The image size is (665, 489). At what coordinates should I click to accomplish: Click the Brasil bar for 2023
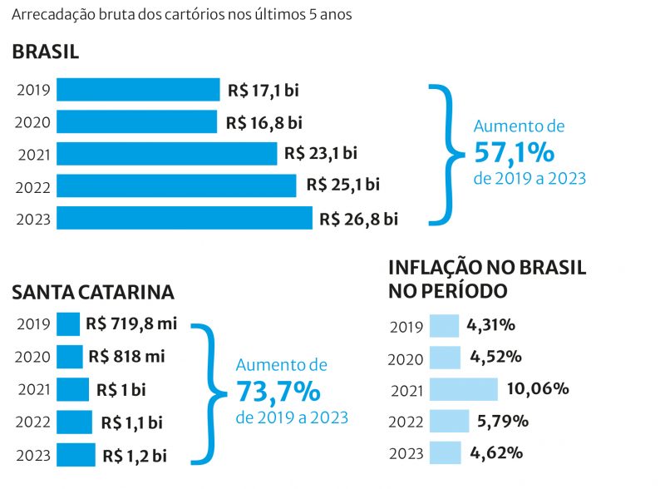point(185,219)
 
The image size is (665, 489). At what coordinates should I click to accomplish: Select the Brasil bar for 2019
point(138,90)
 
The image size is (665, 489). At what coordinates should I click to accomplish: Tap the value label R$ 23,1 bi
point(320,153)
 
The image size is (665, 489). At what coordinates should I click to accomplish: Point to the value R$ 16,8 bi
point(264,122)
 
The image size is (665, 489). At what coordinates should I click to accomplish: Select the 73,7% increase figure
point(278,390)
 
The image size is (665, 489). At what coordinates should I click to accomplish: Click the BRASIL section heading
point(46,52)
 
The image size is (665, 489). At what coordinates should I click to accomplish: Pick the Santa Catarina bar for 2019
point(68,324)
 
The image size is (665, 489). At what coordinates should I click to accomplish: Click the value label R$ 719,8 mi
point(131,324)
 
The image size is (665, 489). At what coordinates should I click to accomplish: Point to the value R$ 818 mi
point(126,357)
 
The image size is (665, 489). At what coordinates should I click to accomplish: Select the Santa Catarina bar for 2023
point(76,455)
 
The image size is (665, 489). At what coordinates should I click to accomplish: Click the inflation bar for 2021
point(463,389)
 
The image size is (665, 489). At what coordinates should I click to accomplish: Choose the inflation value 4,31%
point(494,325)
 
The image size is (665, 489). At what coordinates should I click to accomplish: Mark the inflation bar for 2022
point(449,421)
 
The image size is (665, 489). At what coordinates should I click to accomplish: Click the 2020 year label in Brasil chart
point(34,123)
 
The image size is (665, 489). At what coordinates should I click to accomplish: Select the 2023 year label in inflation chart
point(407,454)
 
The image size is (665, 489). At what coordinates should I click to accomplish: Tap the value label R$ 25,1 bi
point(342,185)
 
